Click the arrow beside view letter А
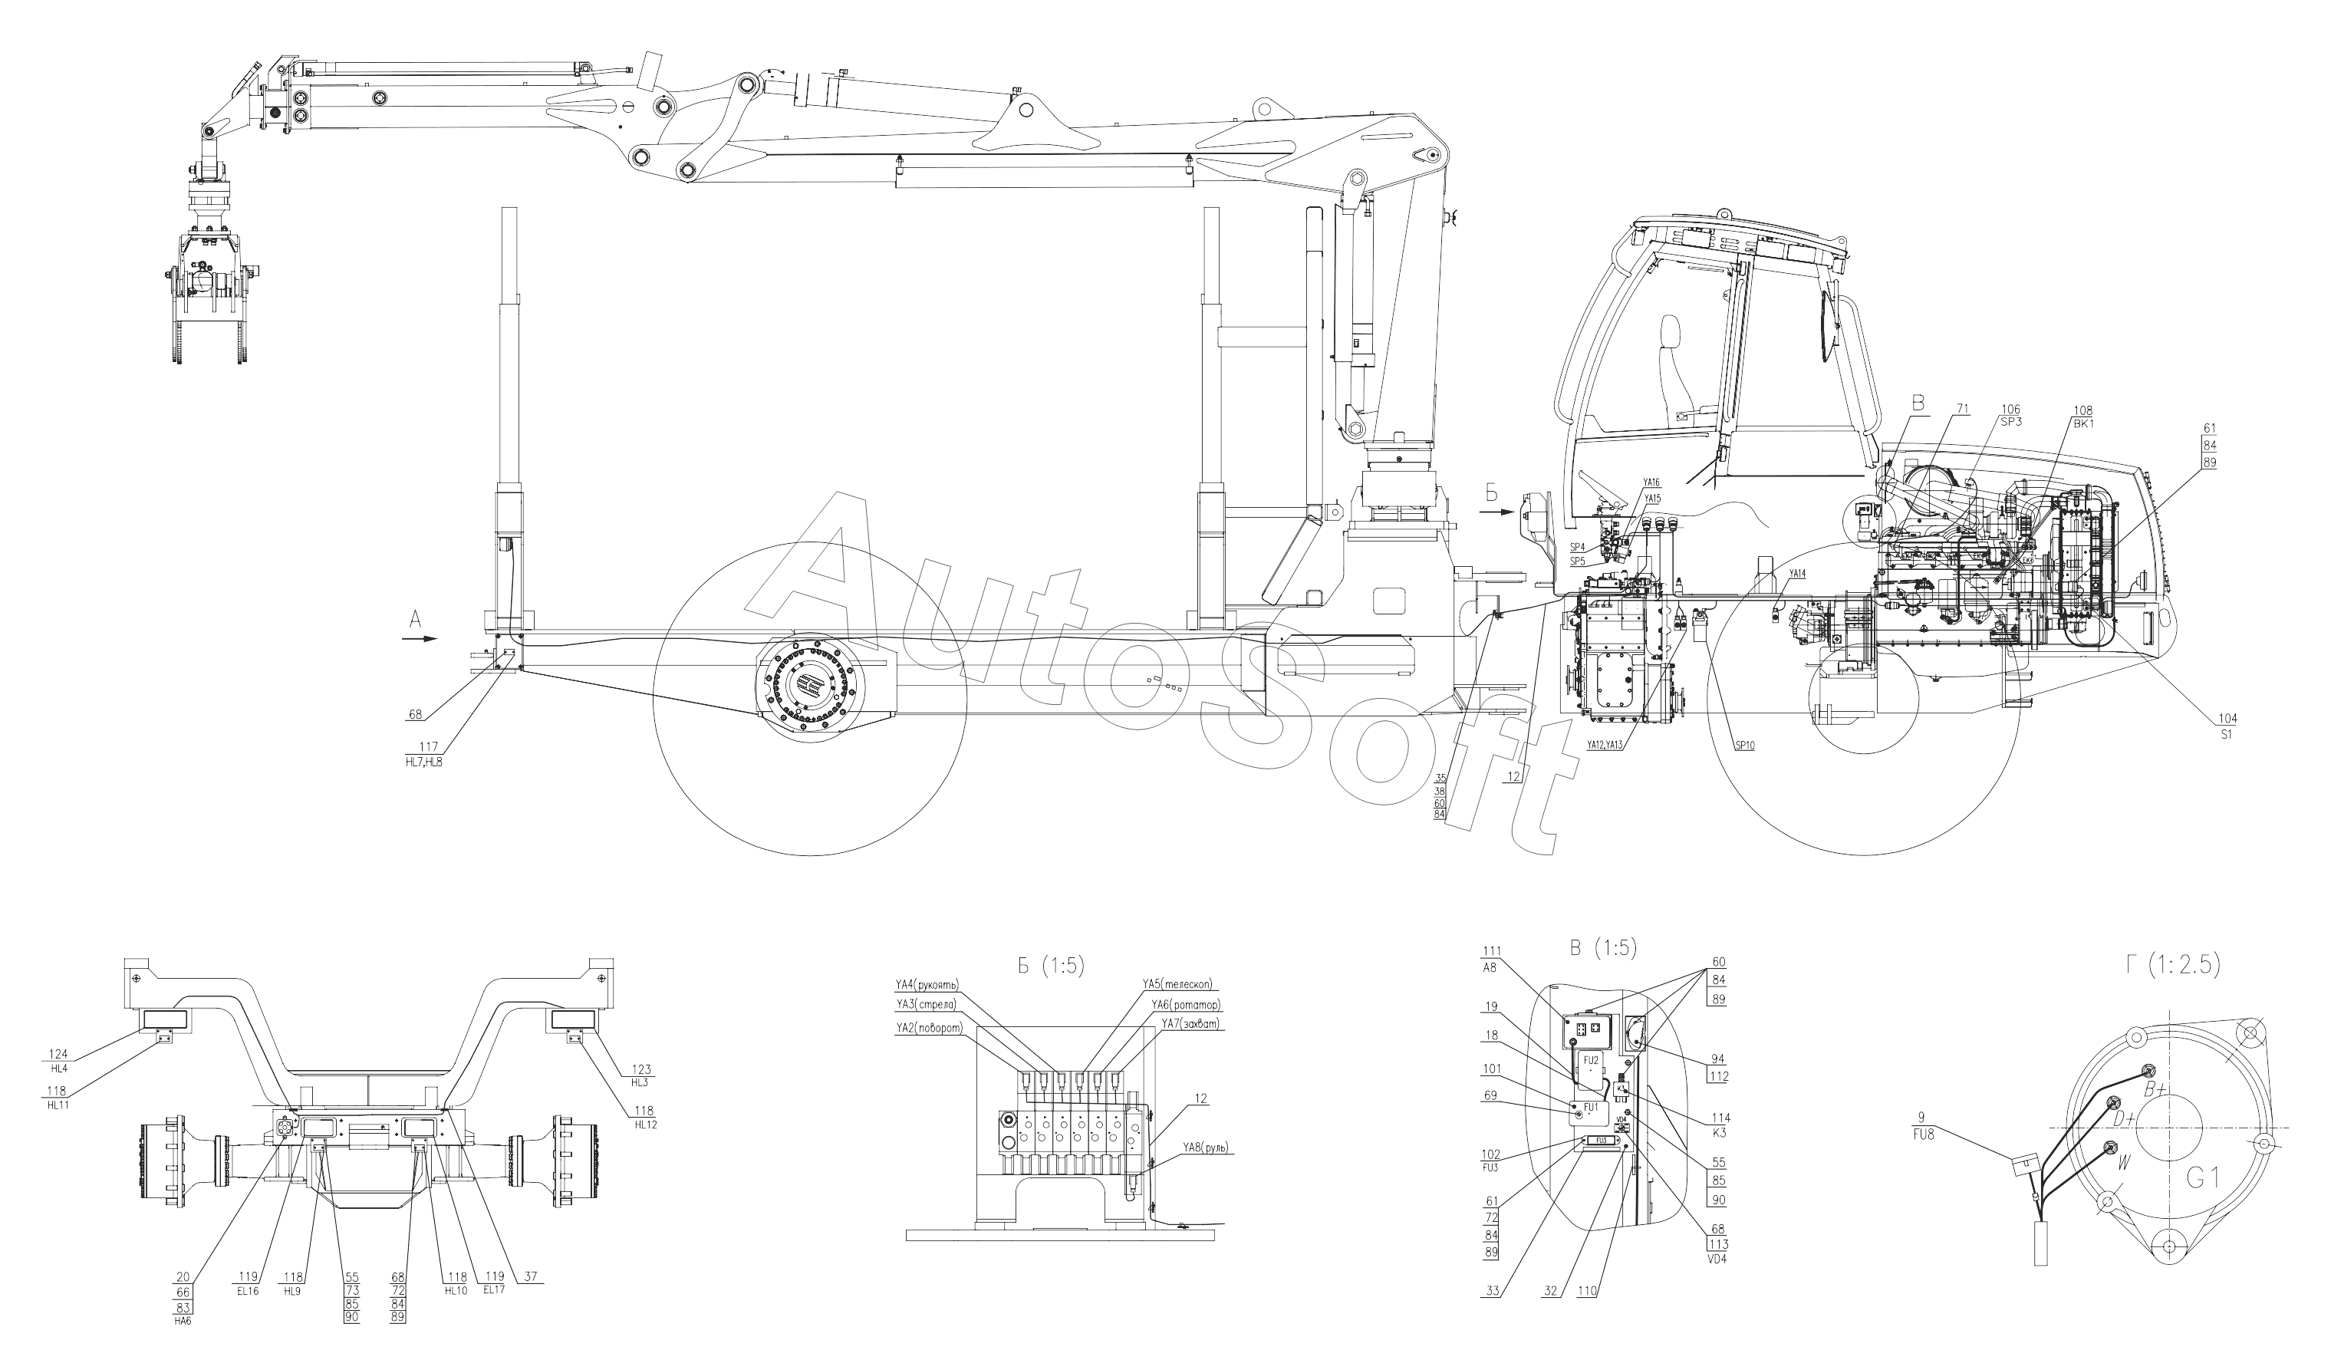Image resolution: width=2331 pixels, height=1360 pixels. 421,638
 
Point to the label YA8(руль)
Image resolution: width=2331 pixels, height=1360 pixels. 1204,1148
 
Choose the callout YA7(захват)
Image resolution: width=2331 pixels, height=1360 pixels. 1190,1024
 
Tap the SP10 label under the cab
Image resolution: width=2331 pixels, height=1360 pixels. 1744,746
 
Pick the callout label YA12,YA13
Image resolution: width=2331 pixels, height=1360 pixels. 1604,745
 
